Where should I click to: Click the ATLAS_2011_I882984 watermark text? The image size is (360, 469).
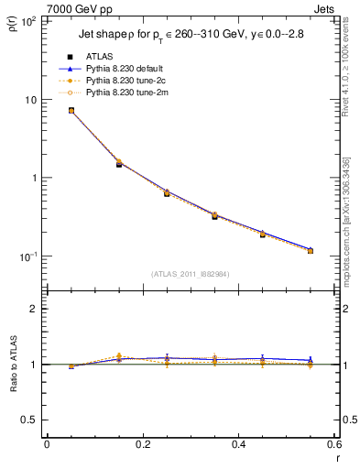[190, 274]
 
